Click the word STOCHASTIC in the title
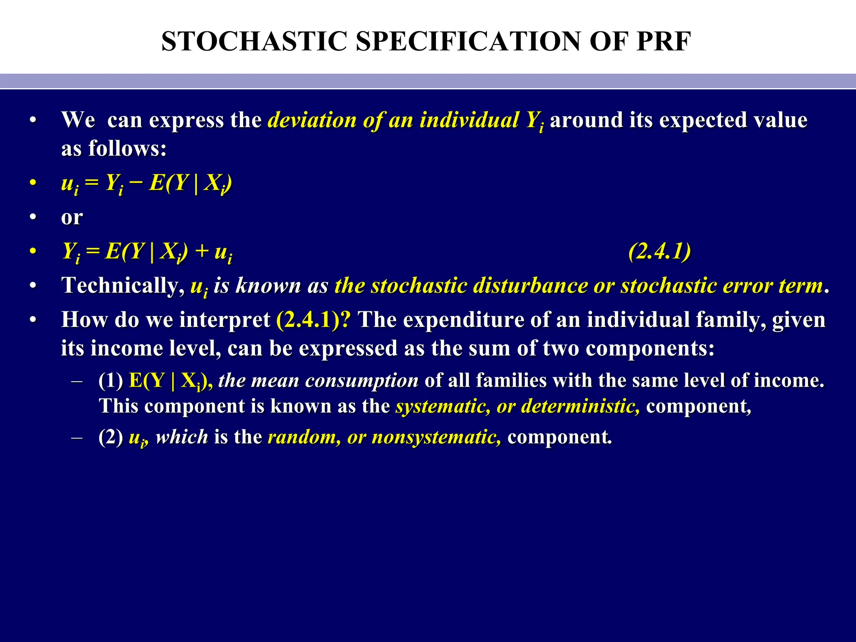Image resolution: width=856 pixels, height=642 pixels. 254,41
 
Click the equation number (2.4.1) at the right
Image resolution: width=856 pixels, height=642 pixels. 660,251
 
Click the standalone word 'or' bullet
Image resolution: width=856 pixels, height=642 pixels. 72,217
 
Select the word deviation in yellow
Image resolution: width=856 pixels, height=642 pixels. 312,120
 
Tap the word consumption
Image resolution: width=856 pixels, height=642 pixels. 362,380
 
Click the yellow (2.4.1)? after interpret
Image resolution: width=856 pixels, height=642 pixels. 314,320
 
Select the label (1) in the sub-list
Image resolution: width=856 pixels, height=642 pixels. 110,380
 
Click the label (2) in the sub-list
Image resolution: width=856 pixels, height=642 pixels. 110,437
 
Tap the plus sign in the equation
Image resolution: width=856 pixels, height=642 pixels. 202,251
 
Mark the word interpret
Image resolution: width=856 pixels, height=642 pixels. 225,320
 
